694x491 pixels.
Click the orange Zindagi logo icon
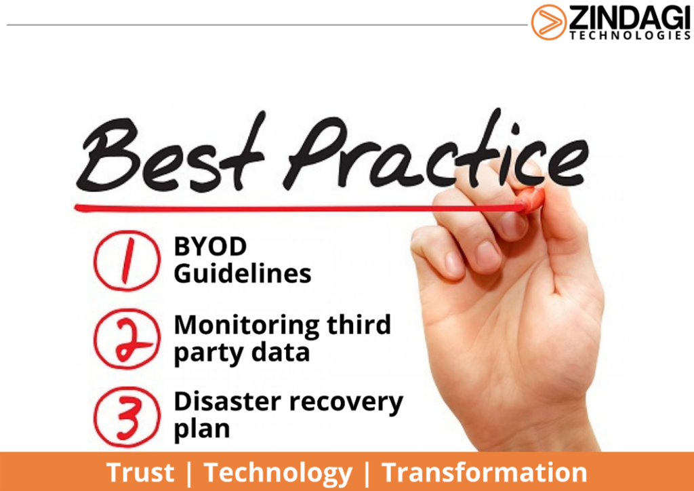point(549,22)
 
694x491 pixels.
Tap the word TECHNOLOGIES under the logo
point(630,35)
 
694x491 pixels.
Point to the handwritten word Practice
point(438,151)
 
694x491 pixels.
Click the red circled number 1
point(127,260)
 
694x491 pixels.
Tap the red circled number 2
point(127,338)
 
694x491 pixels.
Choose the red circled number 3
point(127,416)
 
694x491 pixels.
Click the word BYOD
point(210,246)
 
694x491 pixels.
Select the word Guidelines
point(243,273)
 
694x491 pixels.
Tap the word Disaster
point(228,401)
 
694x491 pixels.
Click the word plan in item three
point(202,429)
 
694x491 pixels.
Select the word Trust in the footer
point(140,472)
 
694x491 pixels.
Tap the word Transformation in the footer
point(484,472)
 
